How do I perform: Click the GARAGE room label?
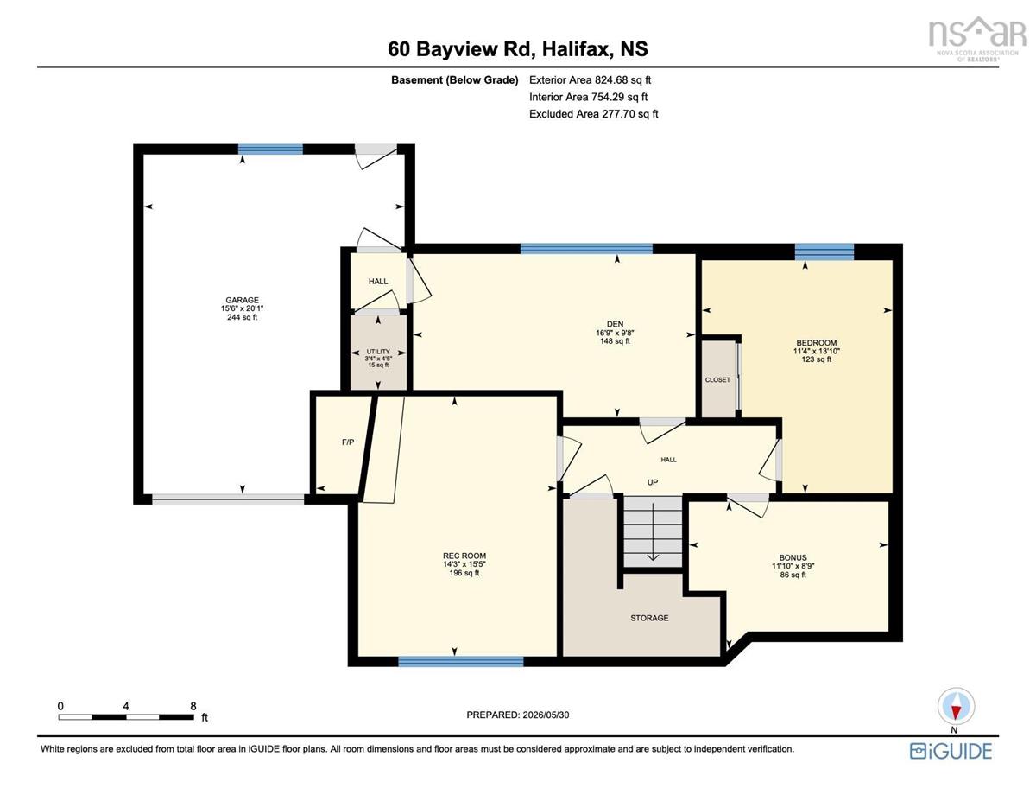243,300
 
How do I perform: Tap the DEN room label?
615,324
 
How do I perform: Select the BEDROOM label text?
816,342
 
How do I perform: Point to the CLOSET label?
717,379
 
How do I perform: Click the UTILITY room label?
378,352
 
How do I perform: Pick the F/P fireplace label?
348,442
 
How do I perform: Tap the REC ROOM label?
464,556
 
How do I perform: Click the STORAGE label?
649,618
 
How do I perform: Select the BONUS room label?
793,557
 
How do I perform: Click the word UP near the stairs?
653,482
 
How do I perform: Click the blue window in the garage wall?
270,149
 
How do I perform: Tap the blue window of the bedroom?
824,251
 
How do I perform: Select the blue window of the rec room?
461,661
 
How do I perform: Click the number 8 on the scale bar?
193,706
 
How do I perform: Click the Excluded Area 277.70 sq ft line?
594,114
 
